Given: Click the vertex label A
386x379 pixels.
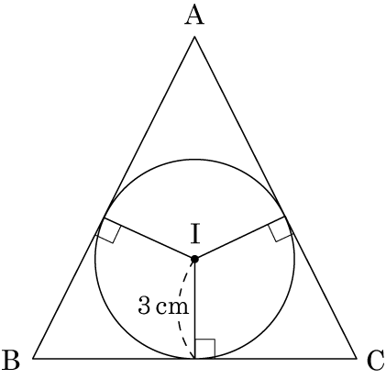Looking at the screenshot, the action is coord(194,16).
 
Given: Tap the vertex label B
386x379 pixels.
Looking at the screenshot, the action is coord(11,360).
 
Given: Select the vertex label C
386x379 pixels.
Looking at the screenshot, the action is coord(375,361).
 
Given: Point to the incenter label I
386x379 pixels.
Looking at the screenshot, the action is coord(195,234).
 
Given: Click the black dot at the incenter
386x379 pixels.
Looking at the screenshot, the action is coord(194,259).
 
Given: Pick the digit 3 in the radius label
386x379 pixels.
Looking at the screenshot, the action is coord(144,305).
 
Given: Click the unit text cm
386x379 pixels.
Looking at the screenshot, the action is coord(172,307).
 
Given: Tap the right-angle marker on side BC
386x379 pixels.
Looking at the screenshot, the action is coord(205,349).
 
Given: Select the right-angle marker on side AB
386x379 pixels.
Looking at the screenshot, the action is coord(109,230).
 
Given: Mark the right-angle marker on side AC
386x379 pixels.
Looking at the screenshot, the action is coord(281,229).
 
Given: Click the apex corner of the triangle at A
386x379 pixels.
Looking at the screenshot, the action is coord(194,37).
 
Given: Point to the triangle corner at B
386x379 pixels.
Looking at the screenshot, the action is coord(33,358).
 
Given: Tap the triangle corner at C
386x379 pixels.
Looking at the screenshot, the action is coord(357,358).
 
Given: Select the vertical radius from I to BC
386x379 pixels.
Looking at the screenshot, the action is coord(194,308).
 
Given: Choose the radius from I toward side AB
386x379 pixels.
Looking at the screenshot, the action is coord(149,239).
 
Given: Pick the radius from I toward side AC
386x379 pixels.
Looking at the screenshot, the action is coord(240,238).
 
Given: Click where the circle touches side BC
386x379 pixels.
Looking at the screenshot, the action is coord(194,358).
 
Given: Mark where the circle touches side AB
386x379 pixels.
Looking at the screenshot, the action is coord(105,217).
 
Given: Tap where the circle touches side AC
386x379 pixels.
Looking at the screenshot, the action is coord(285,217).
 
